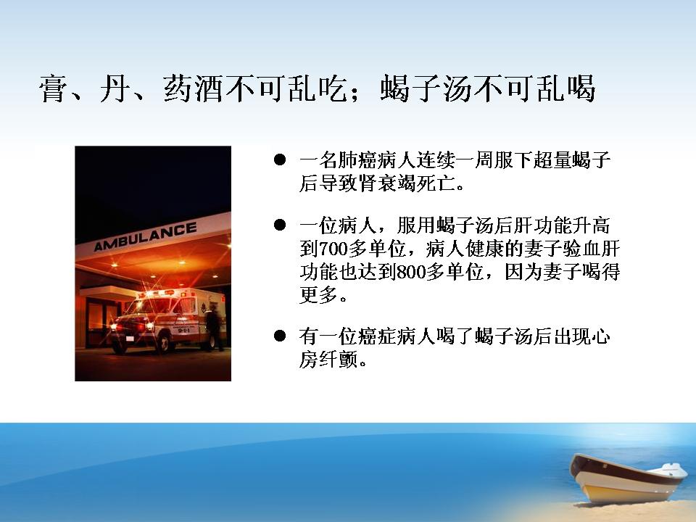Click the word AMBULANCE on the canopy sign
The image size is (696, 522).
[x=145, y=236]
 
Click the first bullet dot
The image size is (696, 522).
[x=280, y=159]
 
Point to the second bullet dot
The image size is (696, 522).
[x=280, y=225]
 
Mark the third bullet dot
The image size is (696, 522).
[x=280, y=336]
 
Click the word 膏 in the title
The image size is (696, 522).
[x=53, y=88]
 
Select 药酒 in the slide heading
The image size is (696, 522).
[x=194, y=88]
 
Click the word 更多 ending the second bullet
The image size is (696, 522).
[x=319, y=294]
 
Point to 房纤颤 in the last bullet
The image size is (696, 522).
[x=328, y=359]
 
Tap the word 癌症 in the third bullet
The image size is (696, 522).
[x=377, y=336]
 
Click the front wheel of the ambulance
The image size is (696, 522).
[x=164, y=344]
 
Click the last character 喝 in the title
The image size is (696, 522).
[x=581, y=88]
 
